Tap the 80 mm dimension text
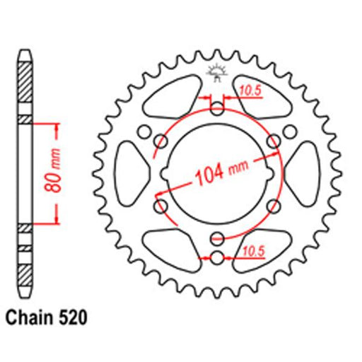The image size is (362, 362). coord(53,170)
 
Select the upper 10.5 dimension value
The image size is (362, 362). coord(250,90)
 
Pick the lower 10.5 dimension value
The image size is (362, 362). coord(254,251)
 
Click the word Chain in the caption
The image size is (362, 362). coord(29,317)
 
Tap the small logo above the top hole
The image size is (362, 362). coord(216,72)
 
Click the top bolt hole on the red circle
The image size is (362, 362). coord(217,109)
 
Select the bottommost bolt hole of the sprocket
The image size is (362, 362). coord(217,258)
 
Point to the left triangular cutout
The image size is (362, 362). coord(130,174)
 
